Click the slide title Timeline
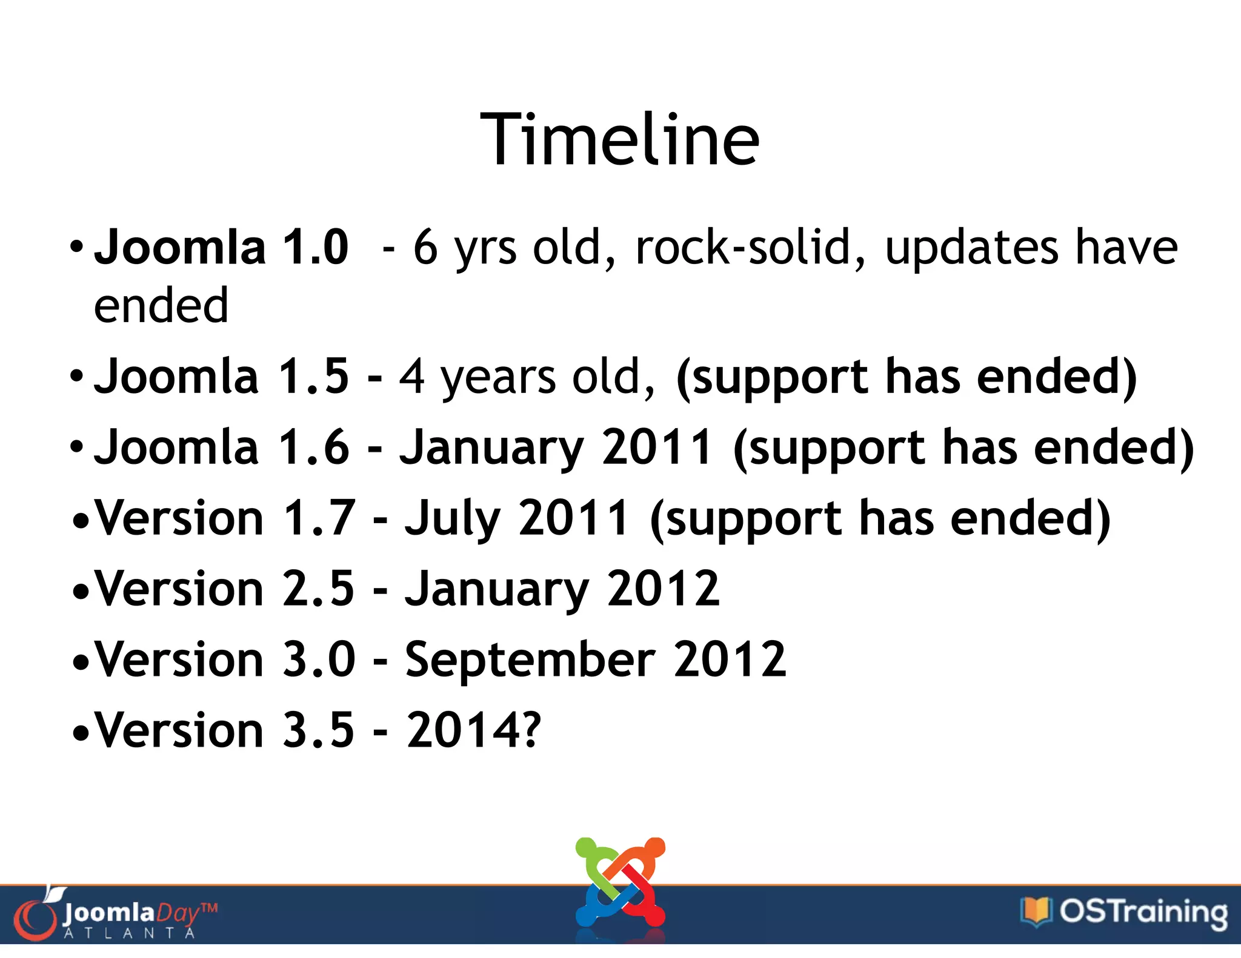(620, 140)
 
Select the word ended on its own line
(161, 305)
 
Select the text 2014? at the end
(473, 730)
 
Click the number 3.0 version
(319, 659)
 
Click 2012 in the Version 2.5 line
(663, 589)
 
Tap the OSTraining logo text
(1143, 911)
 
